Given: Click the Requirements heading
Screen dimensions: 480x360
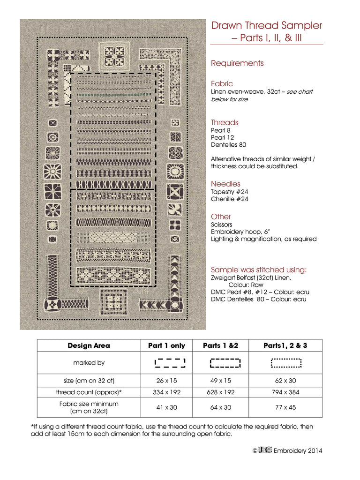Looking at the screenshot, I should tap(237, 63).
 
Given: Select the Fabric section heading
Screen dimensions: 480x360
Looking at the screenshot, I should tap(222, 83).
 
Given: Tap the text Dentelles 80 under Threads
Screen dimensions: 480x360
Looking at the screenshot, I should tap(228, 145).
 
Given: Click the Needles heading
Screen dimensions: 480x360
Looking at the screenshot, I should tap(225, 184).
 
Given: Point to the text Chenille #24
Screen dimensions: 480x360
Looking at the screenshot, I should tap(230, 199).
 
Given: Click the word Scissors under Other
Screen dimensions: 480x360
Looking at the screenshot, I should tap(221, 225).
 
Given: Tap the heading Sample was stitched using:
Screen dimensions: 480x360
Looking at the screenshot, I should tap(259, 270).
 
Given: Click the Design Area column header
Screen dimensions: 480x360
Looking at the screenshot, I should tap(89, 345).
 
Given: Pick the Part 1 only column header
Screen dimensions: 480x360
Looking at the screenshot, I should tap(166, 345).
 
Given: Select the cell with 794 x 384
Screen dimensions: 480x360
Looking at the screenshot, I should tap(285, 392).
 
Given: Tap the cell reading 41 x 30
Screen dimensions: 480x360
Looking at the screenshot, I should tap(166, 407).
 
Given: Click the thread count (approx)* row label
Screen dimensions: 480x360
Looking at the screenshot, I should tap(89, 392).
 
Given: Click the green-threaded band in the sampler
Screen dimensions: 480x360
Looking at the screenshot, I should tap(113, 95).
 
